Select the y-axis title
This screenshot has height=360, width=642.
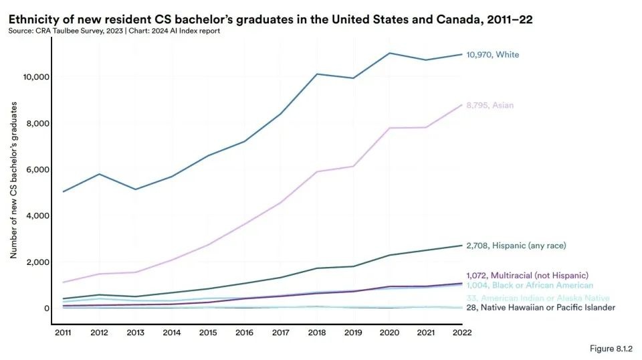[x=13, y=181]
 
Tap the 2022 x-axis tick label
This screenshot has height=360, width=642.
[x=462, y=332]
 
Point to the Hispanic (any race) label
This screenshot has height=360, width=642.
[x=519, y=246]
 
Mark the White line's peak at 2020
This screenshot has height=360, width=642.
[x=389, y=53]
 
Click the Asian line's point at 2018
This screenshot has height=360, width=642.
[x=317, y=172]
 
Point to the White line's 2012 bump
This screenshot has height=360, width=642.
[x=99, y=174]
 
